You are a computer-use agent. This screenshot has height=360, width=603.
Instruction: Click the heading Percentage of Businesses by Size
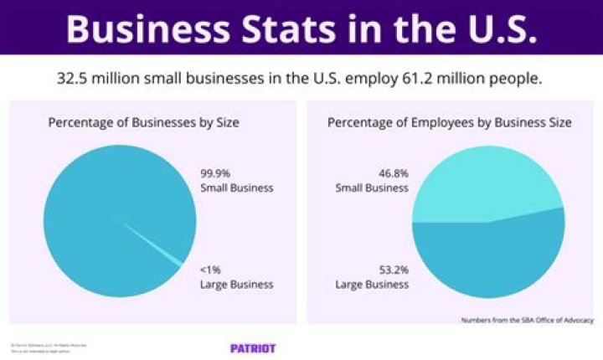(x=143, y=123)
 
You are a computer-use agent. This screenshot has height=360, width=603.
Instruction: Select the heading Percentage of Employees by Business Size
(x=449, y=123)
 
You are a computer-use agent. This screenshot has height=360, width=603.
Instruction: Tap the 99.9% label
(x=215, y=173)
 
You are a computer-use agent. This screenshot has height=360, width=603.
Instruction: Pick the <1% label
(x=212, y=270)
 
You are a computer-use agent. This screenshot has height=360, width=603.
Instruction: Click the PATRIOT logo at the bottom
(x=253, y=347)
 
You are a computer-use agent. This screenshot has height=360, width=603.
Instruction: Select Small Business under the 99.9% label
(x=237, y=188)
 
